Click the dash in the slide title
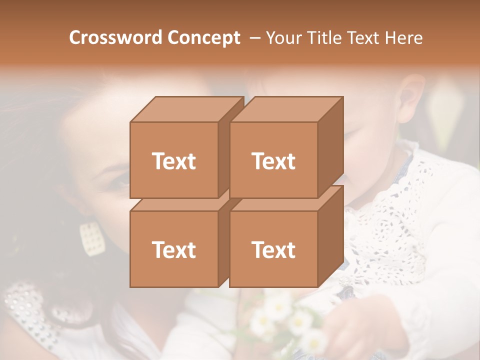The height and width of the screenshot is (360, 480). point(254,38)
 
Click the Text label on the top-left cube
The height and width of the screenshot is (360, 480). point(174,161)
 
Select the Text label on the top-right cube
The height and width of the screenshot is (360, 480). point(273,161)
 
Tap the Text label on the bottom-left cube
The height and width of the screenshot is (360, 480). point(174,249)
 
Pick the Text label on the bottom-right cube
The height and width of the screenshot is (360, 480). point(273,249)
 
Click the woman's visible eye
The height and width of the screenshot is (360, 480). point(120,182)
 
